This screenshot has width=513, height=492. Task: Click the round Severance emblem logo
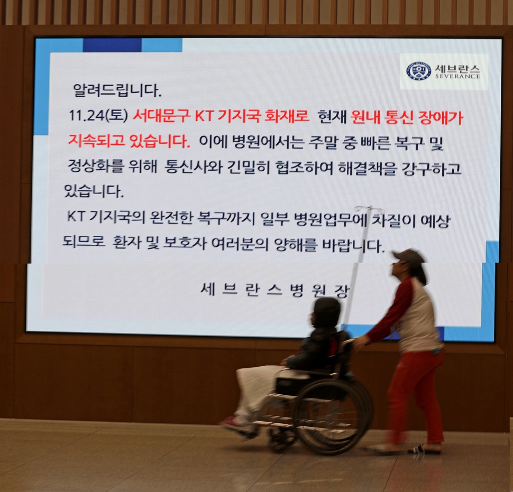pyautogui.click(x=418, y=71)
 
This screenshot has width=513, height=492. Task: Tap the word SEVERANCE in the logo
pyautogui.click(x=457, y=76)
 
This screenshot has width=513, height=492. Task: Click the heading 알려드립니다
pyautogui.click(x=117, y=90)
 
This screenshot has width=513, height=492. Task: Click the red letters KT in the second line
pyautogui.click(x=204, y=116)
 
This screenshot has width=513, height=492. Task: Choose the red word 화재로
pyautogui.click(x=287, y=116)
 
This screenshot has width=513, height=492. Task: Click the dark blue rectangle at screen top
pyautogui.click(x=112, y=45)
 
